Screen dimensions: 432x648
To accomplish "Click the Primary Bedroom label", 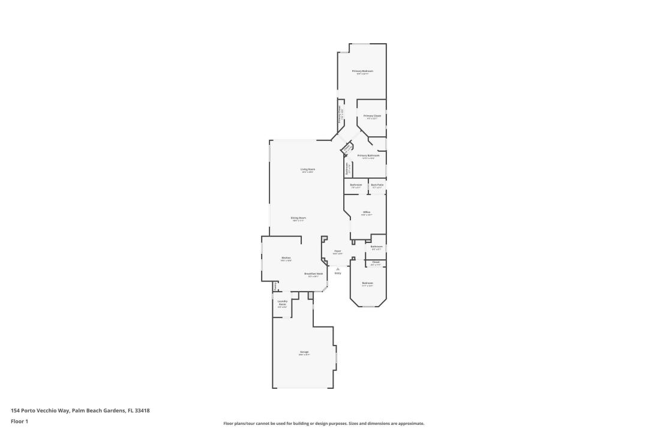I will [362, 71].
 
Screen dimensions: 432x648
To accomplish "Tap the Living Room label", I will [308, 169].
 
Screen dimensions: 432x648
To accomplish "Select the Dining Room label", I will [299, 218].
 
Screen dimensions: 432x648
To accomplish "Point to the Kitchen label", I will [286, 258].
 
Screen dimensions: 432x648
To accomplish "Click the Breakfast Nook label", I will [314, 274].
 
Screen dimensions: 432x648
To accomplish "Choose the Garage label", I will [304, 352].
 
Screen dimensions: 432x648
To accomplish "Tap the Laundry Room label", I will [282, 302].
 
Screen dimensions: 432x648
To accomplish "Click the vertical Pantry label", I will [275, 286].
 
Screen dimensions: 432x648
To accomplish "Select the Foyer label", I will [338, 251].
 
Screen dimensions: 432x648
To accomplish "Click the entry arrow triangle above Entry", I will [338, 269].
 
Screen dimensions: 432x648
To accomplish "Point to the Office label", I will [367, 212].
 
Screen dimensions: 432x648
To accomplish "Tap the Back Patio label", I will [377, 185].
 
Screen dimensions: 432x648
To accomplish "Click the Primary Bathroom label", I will [368, 155].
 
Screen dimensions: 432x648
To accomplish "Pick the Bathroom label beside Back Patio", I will [356, 185].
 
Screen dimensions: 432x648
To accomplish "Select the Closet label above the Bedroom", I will [376, 262].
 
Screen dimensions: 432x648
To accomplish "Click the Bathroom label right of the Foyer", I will [376, 246].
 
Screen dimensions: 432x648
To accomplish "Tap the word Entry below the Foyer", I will [338, 274].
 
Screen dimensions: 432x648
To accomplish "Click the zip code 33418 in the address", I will [142, 410].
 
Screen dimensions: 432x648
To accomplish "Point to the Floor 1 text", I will [19, 421].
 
